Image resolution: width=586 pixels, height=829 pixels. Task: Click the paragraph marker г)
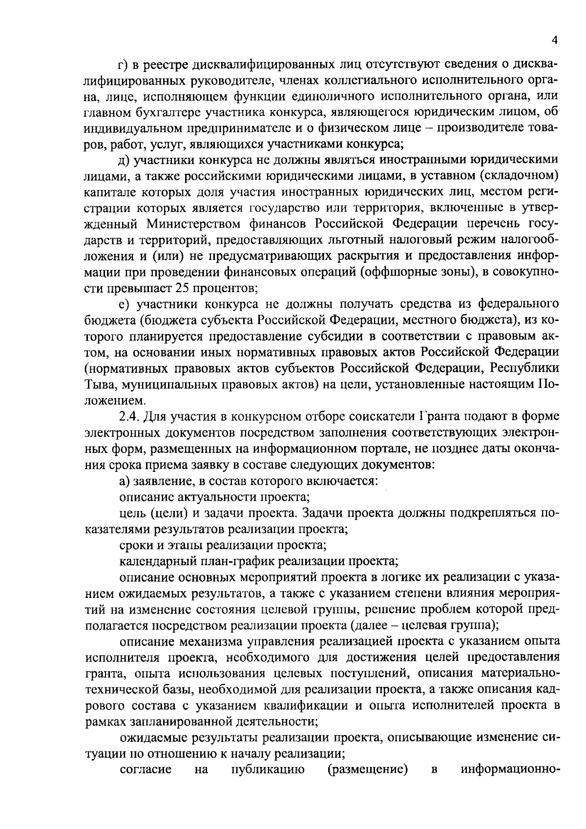pyautogui.click(x=124, y=65)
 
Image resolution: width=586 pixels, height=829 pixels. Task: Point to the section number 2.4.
pyautogui.click(x=129, y=416)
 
